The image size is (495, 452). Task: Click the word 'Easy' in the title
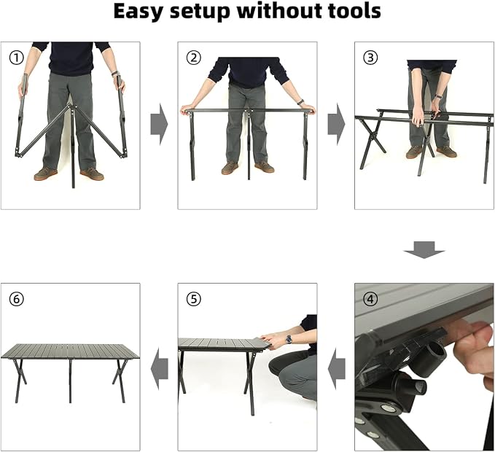(x=138, y=12)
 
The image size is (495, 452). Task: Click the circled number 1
(x=16, y=58)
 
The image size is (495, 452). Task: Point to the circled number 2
(x=193, y=58)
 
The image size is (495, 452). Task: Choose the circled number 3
(x=370, y=58)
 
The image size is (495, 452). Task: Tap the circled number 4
(x=370, y=299)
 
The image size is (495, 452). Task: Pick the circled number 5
(x=193, y=299)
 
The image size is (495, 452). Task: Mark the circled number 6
(x=16, y=299)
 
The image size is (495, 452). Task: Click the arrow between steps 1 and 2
(x=159, y=124)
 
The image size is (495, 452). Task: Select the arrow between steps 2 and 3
(x=336, y=124)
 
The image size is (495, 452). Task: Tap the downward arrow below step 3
(x=424, y=250)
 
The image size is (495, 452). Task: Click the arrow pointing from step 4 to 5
(x=337, y=369)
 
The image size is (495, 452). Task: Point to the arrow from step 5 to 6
(x=160, y=369)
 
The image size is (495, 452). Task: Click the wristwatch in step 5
(x=289, y=339)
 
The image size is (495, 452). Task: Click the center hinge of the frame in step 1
(x=73, y=109)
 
